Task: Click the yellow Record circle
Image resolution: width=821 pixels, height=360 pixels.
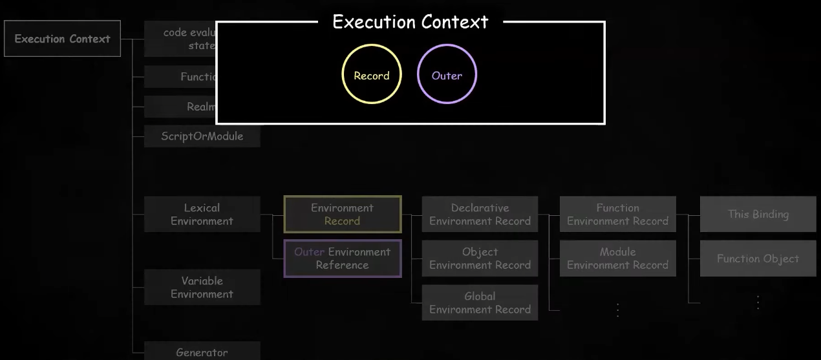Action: coord(372,74)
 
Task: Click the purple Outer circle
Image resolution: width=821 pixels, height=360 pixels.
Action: coord(447,74)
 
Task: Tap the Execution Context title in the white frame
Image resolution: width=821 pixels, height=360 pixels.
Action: coord(410,21)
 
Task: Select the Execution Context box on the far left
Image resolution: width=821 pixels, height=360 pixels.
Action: coord(62,39)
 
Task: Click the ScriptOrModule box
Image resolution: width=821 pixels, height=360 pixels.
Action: coord(202,136)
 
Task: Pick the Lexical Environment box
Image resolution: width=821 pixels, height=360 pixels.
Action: coord(202,214)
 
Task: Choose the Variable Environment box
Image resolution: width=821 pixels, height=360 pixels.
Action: coord(202,287)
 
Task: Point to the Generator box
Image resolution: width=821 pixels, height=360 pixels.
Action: coord(202,352)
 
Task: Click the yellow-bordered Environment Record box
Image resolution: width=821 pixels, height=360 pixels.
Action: coord(342,214)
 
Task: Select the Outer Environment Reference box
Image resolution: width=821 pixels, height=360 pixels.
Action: coord(342,258)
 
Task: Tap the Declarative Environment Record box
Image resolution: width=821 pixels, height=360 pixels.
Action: coord(480,214)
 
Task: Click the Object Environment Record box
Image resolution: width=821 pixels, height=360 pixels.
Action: coord(480,258)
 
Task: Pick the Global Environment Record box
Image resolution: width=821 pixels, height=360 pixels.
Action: coord(480,302)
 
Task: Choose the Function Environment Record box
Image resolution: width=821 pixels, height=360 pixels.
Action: coord(617,214)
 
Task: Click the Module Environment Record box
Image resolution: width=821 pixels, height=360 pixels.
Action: coord(617,258)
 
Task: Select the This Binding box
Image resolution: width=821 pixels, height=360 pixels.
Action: coord(758,214)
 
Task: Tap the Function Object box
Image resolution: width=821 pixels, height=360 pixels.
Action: coord(758,259)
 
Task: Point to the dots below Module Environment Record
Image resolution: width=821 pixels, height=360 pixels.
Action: coord(617,310)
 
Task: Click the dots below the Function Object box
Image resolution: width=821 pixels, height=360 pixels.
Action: coord(758,302)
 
